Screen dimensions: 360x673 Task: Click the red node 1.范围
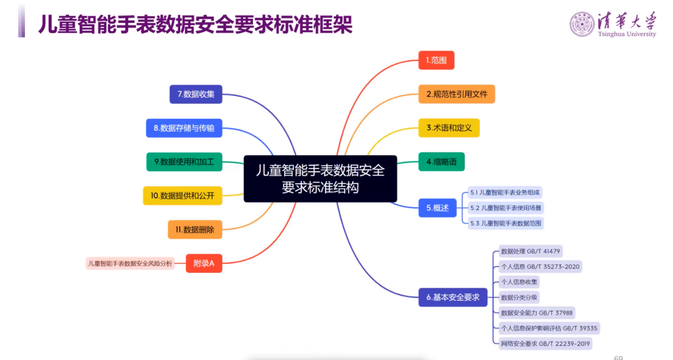[x=436, y=60]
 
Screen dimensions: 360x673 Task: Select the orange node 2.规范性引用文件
[x=457, y=94]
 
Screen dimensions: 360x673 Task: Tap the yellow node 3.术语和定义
[x=449, y=128]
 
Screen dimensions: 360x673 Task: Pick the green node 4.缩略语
[x=441, y=162]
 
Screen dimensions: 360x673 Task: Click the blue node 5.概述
[x=437, y=207]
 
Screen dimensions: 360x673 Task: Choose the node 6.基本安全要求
[x=452, y=297]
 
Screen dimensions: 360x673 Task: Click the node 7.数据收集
[x=196, y=94]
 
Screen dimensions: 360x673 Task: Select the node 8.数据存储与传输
[x=184, y=128]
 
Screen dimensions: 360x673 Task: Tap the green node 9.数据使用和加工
[x=184, y=162]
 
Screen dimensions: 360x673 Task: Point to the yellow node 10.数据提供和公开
[x=183, y=196]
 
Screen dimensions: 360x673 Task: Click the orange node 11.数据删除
[x=194, y=229]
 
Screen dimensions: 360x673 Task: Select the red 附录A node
[x=204, y=263]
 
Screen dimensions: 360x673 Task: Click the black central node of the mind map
[x=320, y=179]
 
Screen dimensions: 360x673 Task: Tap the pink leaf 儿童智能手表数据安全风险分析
[x=130, y=263]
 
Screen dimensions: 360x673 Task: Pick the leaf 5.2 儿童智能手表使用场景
[x=506, y=207]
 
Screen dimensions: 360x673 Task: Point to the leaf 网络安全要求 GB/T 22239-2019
[x=545, y=343]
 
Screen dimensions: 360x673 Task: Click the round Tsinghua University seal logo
[x=582, y=24]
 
